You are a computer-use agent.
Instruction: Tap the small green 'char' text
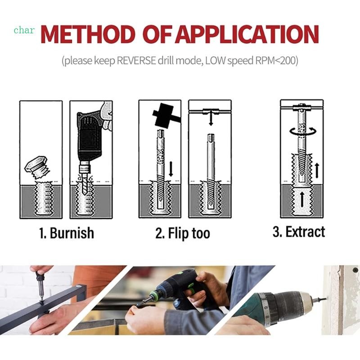[23, 30]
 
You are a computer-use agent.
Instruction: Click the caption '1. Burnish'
[66, 233]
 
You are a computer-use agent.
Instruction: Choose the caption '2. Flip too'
[183, 234]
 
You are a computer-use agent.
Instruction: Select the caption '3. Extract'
[298, 232]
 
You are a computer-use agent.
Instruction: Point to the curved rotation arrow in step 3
[300, 131]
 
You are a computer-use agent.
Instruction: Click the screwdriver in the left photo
[39, 288]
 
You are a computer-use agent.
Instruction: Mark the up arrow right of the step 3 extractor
[317, 170]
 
